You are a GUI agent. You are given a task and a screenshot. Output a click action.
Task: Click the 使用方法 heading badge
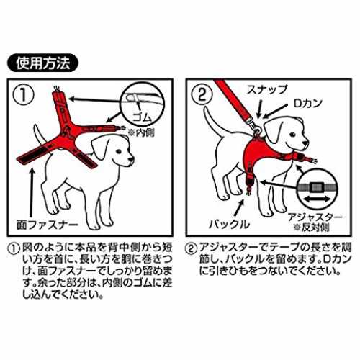42,63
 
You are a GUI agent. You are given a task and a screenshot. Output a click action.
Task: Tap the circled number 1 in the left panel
24,95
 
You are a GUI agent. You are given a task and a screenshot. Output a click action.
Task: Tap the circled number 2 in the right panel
202,95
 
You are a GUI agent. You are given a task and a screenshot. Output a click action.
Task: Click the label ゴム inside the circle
142,118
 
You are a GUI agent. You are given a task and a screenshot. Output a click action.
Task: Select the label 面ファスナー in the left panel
48,225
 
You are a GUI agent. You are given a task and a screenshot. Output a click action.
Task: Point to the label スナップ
266,90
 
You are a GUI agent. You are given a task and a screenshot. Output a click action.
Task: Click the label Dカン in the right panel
307,104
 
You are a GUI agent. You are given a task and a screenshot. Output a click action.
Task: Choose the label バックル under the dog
229,225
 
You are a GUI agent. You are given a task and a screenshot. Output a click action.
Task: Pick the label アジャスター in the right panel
315,217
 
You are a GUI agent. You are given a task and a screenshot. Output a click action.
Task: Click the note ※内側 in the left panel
141,132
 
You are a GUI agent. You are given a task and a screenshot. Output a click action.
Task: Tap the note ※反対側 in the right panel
311,227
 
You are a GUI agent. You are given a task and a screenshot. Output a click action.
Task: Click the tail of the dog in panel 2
212,122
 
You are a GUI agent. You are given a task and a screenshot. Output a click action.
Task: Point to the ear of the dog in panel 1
100,147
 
